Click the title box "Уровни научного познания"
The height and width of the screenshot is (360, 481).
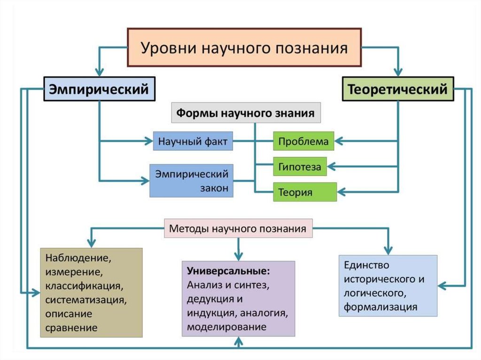[244, 47]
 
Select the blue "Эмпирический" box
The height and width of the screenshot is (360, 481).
[99, 89]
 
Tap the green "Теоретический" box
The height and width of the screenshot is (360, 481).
[397, 89]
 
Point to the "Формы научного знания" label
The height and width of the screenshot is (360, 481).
[246, 113]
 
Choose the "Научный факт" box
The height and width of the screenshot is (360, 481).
[193, 141]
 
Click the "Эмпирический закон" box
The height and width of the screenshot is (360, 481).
[192, 181]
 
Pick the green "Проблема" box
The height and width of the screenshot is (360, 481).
[303, 141]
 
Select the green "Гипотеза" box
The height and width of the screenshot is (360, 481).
[300, 167]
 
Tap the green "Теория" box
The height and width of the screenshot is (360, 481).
[305, 192]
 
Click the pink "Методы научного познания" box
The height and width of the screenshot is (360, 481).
[238, 229]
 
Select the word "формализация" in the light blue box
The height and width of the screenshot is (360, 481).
[380, 307]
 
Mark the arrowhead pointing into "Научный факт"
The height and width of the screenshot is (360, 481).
[149, 141]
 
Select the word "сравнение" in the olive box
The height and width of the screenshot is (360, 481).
[71, 328]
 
